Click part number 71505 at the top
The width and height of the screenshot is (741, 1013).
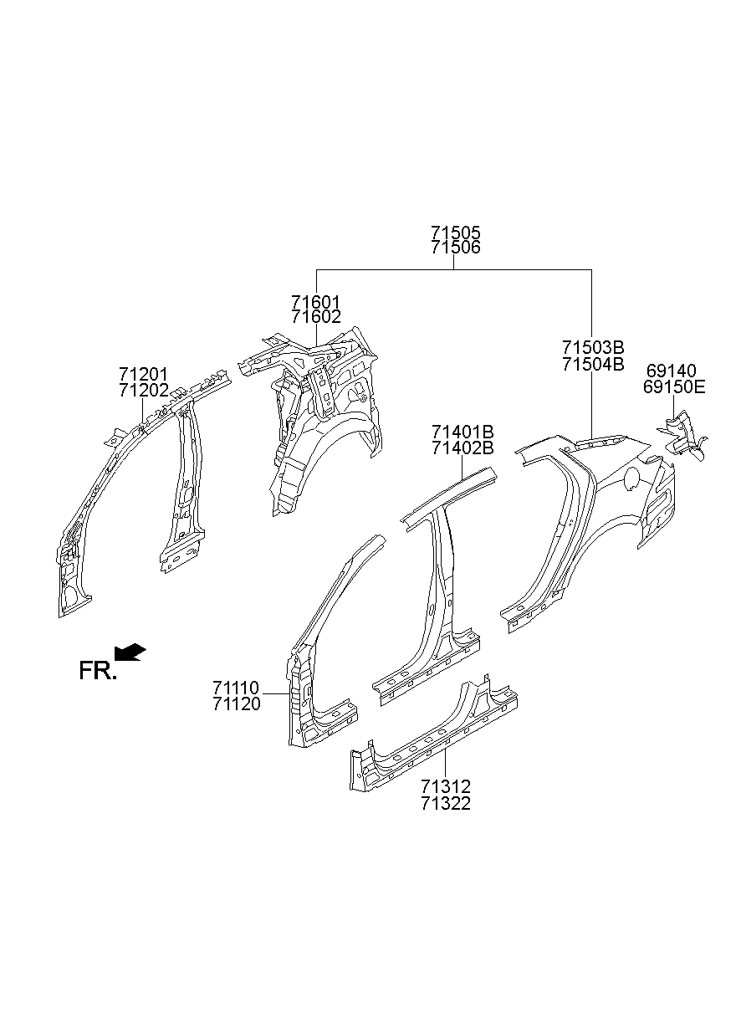456,233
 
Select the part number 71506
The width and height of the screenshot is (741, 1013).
456,248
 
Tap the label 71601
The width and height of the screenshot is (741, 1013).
316,302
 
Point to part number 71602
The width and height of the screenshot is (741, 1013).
316,317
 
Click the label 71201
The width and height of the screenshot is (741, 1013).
143,374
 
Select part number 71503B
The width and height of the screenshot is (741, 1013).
593,348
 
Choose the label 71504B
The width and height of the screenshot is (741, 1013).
593,364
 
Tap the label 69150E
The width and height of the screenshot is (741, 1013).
674,386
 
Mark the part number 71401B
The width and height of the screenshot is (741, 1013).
462,432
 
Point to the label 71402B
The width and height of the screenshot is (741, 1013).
462,448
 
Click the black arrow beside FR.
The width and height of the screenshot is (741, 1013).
130,652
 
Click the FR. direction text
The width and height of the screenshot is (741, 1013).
97,670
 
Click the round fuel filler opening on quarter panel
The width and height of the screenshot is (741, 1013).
632,477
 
